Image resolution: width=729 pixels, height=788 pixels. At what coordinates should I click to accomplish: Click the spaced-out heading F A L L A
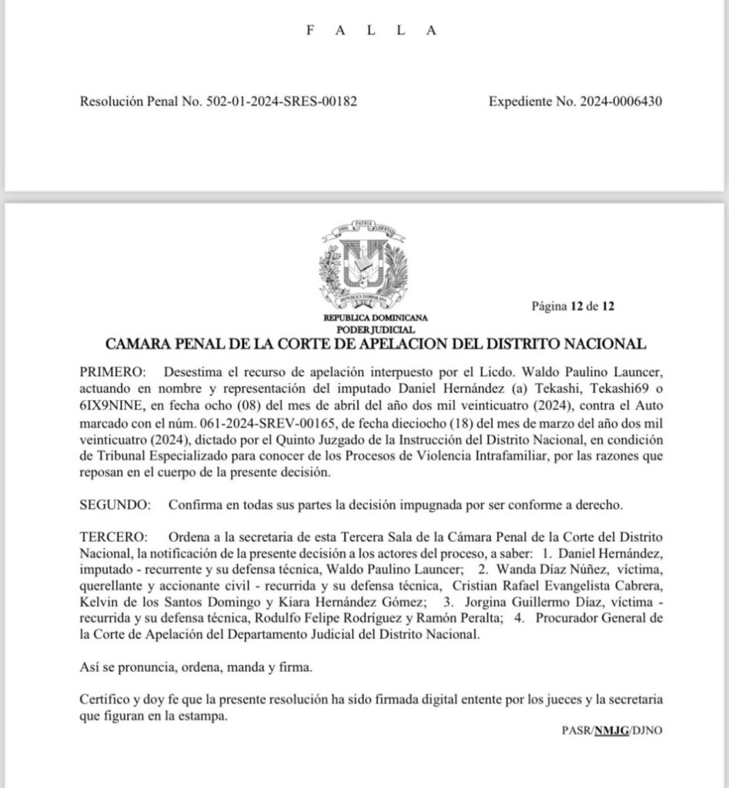click(x=371, y=31)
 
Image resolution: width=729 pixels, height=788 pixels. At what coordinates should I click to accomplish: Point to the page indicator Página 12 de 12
click(x=573, y=306)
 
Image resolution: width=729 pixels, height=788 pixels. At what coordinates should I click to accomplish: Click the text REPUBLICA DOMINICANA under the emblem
click(x=375, y=317)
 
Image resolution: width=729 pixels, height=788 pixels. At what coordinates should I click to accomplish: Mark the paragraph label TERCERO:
click(x=113, y=535)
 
